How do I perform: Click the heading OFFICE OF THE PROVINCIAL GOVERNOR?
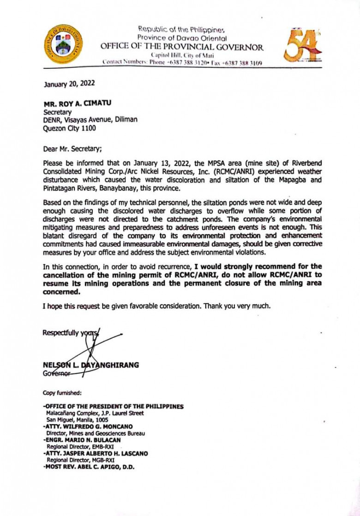(x=182, y=47)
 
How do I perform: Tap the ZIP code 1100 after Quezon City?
(x=89, y=129)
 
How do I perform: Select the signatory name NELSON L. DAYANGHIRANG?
(x=90, y=365)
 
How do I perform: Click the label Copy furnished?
(x=62, y=393)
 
